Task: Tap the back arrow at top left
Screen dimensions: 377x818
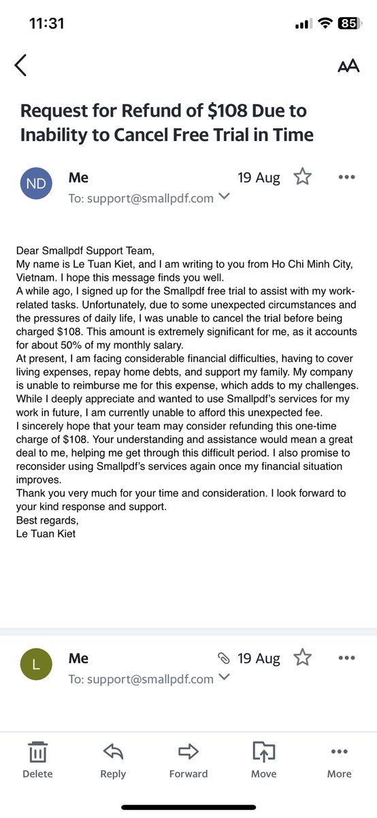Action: point(20,65)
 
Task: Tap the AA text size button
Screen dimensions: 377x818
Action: point(348,66)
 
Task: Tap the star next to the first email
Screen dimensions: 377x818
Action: point(302,177)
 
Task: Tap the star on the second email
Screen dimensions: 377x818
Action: point(302,658)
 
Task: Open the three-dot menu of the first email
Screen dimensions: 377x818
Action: point(346,177)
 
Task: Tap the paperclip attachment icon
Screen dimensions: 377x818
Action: point(223,658)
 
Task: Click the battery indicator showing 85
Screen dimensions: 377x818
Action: point(348,23)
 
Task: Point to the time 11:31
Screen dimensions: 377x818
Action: point(47,23)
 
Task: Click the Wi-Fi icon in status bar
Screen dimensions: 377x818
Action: point(325,23)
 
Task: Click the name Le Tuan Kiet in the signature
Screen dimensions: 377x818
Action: point(46,533)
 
